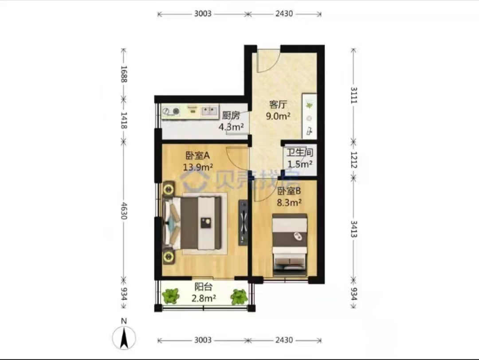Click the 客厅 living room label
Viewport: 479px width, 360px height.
point(278,105)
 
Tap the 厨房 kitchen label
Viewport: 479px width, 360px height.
point(231,115)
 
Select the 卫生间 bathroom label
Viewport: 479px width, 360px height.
point(300,153)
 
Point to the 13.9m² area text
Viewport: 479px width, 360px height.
point(198,167)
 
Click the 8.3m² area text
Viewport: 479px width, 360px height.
point(289,202)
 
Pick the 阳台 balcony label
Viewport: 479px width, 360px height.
point(204,287)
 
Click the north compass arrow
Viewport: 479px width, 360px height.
point(124,338)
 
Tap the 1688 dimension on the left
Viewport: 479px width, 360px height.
point(124,74)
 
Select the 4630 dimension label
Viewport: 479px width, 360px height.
point(124,211)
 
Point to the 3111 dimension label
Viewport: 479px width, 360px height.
point(354,95)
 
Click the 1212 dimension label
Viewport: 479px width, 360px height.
point(354,160)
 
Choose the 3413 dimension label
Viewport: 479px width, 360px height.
point(354,229)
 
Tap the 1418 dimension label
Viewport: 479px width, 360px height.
point(124,120)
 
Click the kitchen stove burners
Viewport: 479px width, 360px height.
point(171,111)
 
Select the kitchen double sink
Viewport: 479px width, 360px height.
point(209,110)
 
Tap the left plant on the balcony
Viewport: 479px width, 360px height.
point(170,296)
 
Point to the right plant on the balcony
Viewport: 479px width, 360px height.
point(239,297)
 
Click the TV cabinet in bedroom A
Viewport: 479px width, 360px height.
point(243,222)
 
